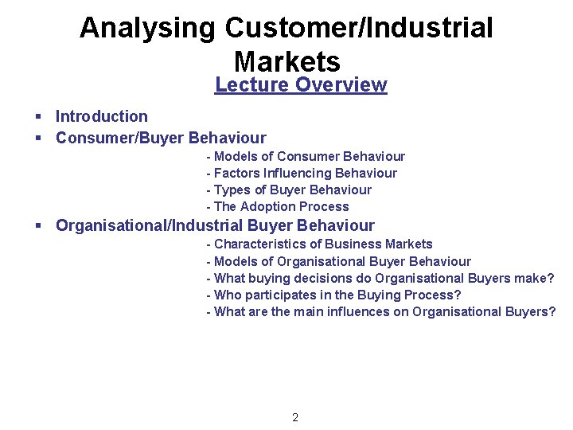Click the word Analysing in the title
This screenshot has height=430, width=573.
tap(147, 28)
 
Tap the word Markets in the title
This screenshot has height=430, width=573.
tap(286, 61)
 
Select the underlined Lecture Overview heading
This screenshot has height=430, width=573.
tap(301, 85)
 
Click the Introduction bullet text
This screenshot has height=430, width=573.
tap(101, 117)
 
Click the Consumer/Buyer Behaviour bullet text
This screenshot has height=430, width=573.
tap(161, 138)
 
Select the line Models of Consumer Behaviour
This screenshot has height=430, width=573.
tap(306, 157)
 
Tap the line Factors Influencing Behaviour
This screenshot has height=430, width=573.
tap(302, 174)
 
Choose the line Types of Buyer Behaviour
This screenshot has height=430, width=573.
tap(289, 190)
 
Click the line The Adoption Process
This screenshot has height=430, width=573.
tap(278, 207)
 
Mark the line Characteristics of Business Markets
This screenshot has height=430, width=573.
tap(319, 244)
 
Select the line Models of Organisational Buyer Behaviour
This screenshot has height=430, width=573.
tap(338, 262)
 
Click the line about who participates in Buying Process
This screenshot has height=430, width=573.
tap(333, 295)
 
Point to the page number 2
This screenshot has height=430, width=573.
tap(295, 418)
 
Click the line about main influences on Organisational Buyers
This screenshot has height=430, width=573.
tap(381, 312)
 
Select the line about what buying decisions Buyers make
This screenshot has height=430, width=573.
tap(380, 279)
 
